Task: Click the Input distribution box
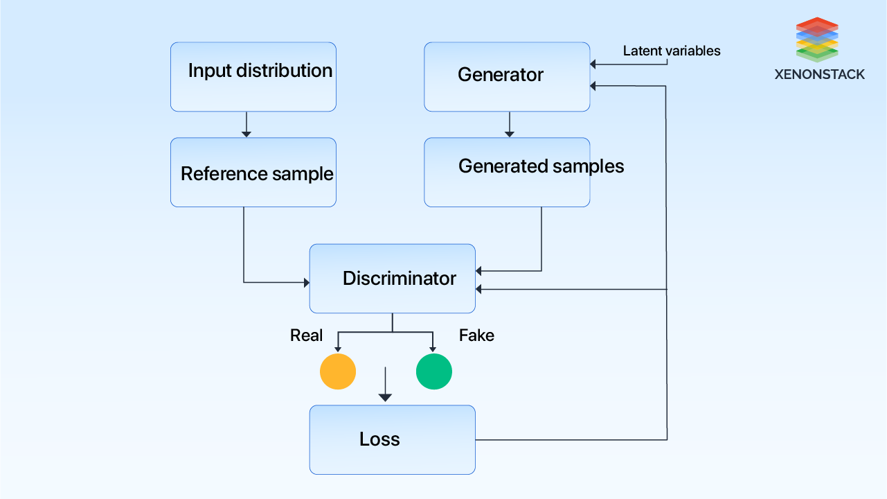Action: click(253, 77)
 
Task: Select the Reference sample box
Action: click(253, 172)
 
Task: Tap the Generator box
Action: click(507, 77)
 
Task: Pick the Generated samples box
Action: click(507, 172)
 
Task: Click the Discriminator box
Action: click(392, 279)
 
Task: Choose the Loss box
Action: click(392, 439)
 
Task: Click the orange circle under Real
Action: click(338, 371)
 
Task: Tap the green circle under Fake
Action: click(434, 371)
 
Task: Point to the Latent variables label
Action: click(671, 51)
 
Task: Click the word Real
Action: click(306, 335)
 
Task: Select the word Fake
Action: click(476, 335)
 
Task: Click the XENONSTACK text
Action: click(819, 75)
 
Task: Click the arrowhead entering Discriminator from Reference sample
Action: click(306, 282)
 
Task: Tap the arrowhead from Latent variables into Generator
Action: click(593, 65)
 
